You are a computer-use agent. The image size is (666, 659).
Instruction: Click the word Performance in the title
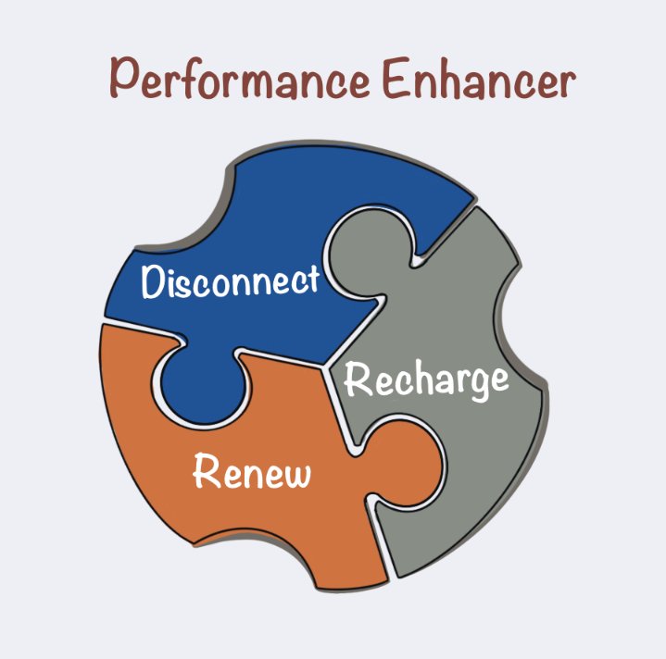click(239, 79)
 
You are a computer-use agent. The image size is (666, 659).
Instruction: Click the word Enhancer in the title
click(480, 79)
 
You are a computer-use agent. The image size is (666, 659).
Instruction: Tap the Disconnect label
click(230, 281)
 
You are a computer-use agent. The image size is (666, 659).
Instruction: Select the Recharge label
click(426, 379)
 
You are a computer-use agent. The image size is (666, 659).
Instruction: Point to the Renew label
click(252, 470)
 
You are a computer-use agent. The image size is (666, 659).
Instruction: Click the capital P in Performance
click(124, 78)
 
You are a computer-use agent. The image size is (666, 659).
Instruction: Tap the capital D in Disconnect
click(152, 281)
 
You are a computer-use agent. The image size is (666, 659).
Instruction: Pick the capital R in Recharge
click(358, 379)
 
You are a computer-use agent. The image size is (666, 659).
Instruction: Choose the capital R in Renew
click(206, 470)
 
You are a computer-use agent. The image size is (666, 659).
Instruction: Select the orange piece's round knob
click(404, 463)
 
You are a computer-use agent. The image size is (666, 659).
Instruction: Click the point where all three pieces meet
click(324, 366)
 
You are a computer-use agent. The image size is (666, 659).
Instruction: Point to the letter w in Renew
click(295, 475)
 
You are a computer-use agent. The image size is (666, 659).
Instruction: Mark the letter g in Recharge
click(475, 385)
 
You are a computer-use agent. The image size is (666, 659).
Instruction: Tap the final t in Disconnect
click(313, 279)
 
